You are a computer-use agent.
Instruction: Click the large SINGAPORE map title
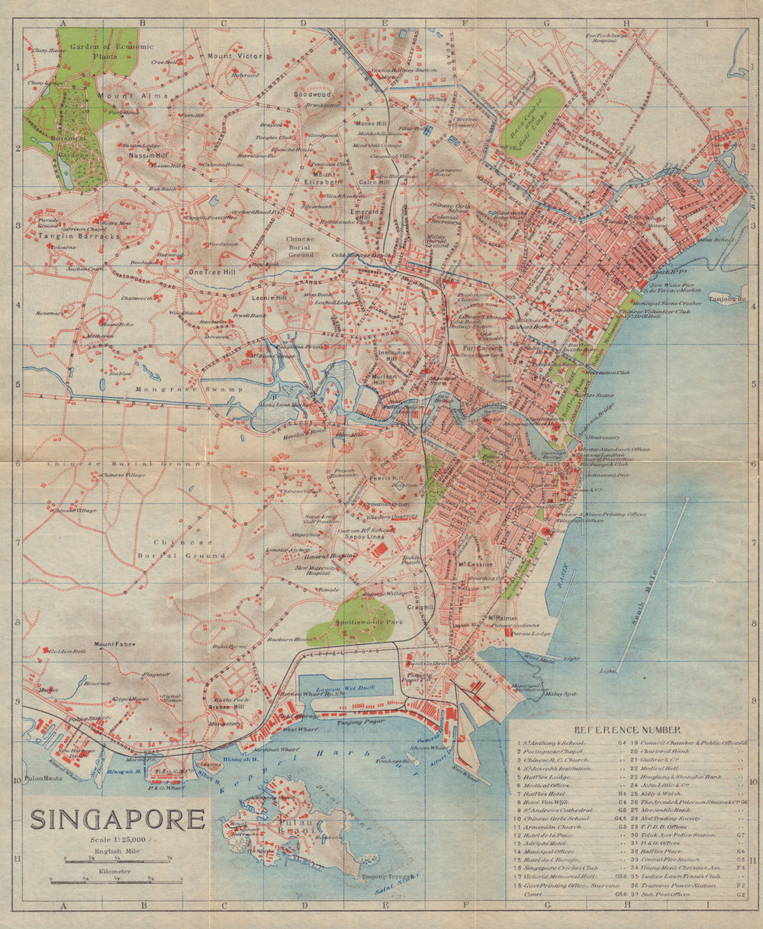click(x=118, y=819)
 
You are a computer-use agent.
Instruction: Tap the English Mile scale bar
click(x=118, y=860)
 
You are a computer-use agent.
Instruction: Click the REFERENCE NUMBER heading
click(x=628, y=730)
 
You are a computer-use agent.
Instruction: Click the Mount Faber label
click(x=114, y=644)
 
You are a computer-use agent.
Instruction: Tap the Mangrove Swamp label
click(x=176, y=389)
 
